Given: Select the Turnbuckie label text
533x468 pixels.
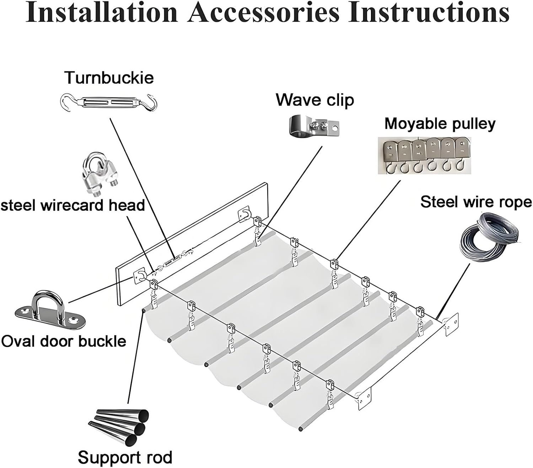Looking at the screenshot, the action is pyautogui.click(x=109, y=78).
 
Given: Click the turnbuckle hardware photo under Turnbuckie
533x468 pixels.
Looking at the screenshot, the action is pyautogui.click(x=109, y=102).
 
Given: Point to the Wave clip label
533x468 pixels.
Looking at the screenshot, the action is pyautogui.click(x=315, y=100).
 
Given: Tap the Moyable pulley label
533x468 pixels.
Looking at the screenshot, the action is pyautogui.click(x=440, y=124).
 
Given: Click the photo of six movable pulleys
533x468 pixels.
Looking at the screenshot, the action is pyautogui.click(x=424, y=156).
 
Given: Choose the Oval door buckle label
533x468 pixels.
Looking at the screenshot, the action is pyautogui.click(x=63, y=341).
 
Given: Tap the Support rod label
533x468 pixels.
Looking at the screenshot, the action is pyautogui.click(x=125, y=457).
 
